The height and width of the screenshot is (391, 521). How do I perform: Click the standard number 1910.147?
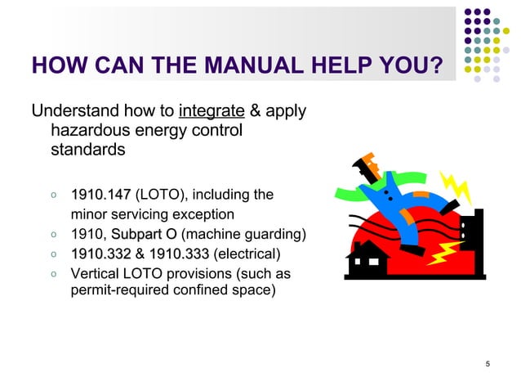point(100,195)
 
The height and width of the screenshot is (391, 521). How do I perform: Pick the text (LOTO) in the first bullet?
point(161,195)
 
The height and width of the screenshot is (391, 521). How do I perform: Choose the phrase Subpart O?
point(144,235)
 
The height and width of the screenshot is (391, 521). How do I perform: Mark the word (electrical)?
point(246,254)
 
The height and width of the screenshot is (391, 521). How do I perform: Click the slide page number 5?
point(487,364)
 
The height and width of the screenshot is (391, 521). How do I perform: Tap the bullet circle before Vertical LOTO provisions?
point(52,273)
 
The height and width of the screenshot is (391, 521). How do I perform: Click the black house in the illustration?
point(367,256)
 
